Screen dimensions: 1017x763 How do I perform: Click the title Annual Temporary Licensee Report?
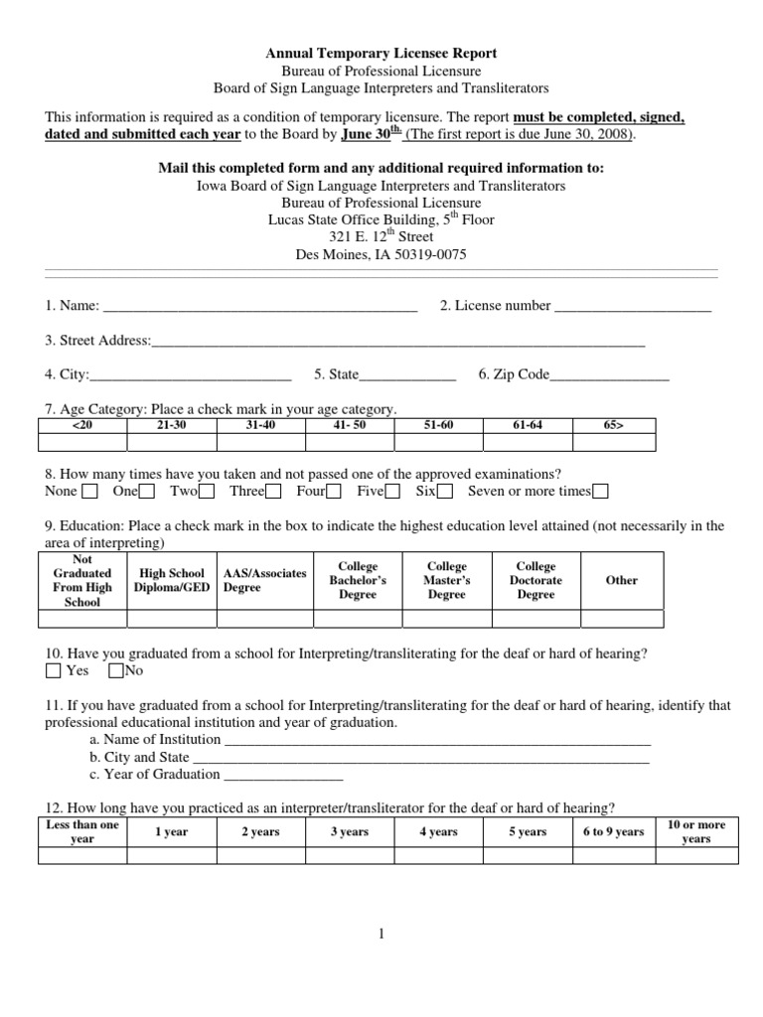[381, 53]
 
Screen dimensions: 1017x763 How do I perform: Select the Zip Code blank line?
[609, 376]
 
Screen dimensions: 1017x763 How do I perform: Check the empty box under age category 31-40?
[260, 443]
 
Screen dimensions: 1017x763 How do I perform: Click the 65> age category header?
[613, 425]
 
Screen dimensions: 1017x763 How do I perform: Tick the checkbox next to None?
[89, 492]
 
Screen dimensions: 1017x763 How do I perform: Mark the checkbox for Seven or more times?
[600, 492]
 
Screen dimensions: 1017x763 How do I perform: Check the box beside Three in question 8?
[273, 492]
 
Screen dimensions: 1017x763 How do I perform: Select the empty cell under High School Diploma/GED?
[172, 619]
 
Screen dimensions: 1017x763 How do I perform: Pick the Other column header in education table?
[621, 580]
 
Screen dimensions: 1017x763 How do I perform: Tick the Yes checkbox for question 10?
[54, 671]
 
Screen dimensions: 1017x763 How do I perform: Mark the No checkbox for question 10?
[115, 671]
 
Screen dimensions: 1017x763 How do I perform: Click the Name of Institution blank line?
[437, 741]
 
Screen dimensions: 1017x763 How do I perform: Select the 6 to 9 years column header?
[613, 832]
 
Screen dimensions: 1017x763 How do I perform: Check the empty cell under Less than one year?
[82, 856]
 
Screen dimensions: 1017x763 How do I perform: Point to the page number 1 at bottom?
[381, 934]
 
